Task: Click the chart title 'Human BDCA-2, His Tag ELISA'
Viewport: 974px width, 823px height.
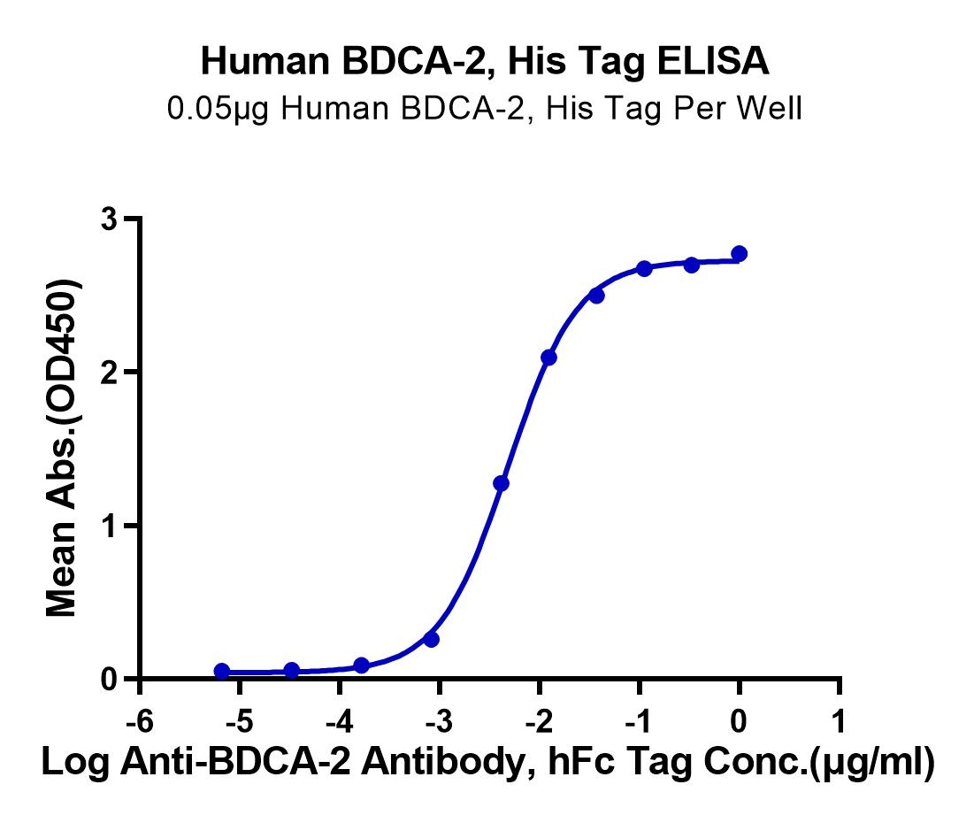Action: (x=485, y=63)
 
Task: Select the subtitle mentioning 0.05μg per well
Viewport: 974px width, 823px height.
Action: (x=485, y=108)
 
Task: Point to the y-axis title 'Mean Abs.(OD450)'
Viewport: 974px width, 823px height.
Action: (x=62, y=448)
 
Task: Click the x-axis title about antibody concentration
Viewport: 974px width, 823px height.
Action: (x=487, y=762)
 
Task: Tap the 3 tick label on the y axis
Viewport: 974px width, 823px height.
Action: (x=111, y=219)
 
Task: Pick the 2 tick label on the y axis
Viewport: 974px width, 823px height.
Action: (x=111, y=373)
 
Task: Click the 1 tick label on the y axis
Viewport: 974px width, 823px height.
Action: (x=111, y=526)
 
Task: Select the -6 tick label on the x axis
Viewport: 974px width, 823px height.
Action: (x=140, y=722)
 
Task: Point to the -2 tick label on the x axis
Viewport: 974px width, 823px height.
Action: (x=539, y=722)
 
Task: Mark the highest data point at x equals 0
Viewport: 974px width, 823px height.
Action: (x=740, y=254)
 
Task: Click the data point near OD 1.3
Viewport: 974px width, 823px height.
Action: (x=502, y=483)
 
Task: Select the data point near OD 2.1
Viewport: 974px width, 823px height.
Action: (x=549, y=358)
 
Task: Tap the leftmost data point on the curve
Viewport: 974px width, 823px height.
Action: (x=222, y=671)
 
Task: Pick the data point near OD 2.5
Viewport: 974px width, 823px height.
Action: (x=597, y=296)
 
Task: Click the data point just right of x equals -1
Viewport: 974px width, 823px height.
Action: (x=644, y=268)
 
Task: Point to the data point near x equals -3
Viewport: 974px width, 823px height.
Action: (x=431, y=639)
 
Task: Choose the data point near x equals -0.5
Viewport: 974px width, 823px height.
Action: (x=692, y=265)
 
